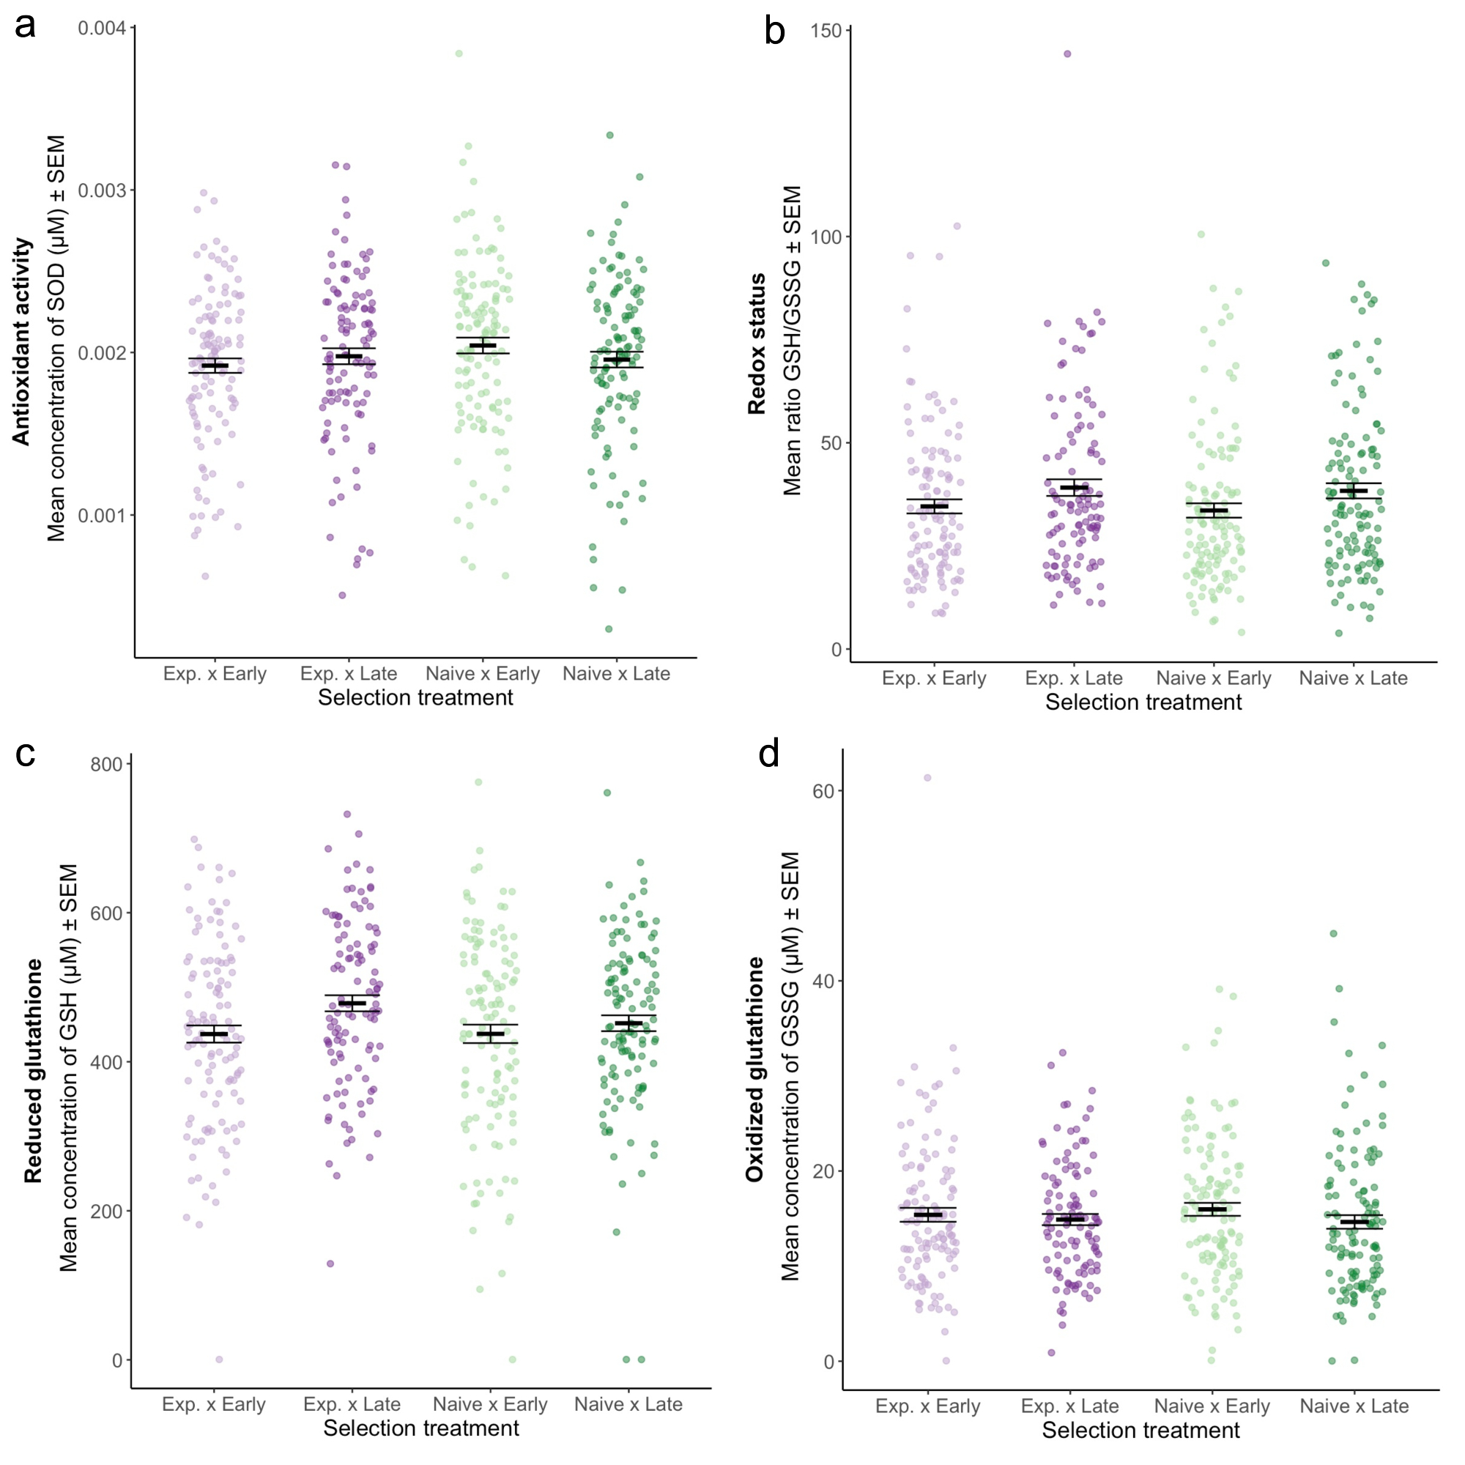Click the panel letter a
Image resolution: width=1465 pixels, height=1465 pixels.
[x=25, y=26]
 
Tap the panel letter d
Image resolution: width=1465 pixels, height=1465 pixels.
[x=769, y=754]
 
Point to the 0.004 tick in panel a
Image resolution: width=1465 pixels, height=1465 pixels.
[x=103, y=28]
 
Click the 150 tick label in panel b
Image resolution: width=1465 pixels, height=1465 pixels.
[x=826, y=30]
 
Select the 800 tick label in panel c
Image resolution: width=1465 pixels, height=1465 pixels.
[x=106, y=764]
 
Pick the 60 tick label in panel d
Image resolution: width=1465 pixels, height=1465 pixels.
[x=823, y=791]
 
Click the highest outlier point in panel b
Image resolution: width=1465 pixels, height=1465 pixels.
[x=1067, y=53]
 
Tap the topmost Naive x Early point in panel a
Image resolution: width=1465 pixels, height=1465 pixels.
[x=459, y=53]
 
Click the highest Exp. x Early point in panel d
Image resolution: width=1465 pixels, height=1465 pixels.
[x=927, y=778]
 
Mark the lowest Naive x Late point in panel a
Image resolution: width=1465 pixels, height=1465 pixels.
[x=609, y=628]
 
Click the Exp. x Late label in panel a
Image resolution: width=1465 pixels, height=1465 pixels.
[x=349, y=674]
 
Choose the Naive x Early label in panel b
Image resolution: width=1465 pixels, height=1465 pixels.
[x=1213, y=679]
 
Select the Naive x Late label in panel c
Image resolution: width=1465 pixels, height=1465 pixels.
[x=628, y=1404]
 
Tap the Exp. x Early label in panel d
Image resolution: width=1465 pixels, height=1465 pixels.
[x=927, y=1406]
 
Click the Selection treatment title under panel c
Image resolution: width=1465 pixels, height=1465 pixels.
[x=421, y=1428]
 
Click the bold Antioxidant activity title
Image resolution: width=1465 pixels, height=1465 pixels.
[x=21, y=341]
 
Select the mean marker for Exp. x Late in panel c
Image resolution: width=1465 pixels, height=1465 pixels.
[x=352, y=1004]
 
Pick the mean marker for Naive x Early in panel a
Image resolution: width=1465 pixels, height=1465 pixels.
[x=483, y=346]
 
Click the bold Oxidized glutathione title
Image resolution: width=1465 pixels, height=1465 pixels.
[x=754, y=1069]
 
